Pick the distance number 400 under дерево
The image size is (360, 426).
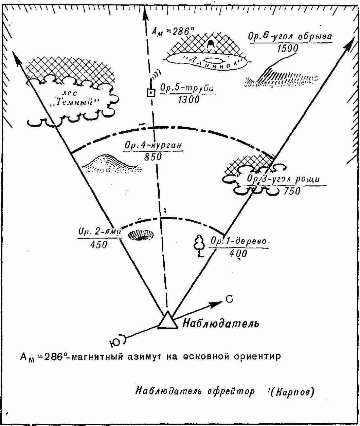click(238, 254)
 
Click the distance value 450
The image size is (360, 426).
click(98, 244)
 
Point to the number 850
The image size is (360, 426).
click(152, 156)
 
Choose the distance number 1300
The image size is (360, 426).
click(188, 99)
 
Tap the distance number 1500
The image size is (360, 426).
click(288, 49)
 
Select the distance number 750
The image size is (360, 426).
click(292, 191)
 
